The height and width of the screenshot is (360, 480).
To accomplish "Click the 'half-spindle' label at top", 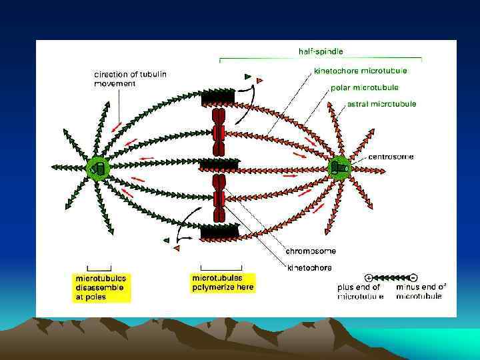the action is [x=320, y=51].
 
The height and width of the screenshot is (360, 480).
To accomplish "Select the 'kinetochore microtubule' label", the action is [x=360, y=70].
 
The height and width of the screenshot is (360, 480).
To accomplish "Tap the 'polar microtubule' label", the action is [x=364, y=87].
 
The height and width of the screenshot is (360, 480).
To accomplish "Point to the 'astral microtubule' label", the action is [x=381, y=104].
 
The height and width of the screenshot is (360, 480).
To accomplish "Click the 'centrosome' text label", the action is [x=392, y=157].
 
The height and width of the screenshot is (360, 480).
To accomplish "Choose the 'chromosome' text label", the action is [x=311, y=251].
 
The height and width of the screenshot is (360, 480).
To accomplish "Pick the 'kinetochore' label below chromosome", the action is [x=309, y=267].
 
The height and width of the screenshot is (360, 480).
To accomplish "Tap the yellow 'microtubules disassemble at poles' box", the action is [x=101, y=287].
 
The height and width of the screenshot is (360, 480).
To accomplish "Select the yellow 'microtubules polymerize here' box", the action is [x=217, y=282].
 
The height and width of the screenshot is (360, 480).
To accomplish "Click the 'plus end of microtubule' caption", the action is [x=359, y=292].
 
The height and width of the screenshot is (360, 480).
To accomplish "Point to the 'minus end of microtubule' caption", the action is [x=421, y=292].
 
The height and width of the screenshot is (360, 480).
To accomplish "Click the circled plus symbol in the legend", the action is [x=368, y=277].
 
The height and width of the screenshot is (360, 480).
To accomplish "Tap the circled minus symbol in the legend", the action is [x=414, y=277].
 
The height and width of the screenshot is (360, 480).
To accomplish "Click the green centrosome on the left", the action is [x=98, y=168].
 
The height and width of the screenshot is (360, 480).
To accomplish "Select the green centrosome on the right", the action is [x=338, y=168].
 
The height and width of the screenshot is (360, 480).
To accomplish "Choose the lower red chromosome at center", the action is [x=219, y=198].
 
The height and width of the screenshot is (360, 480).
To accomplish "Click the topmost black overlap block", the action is [x=217, y=97].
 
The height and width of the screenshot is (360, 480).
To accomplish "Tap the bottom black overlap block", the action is [x=220, y=231].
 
